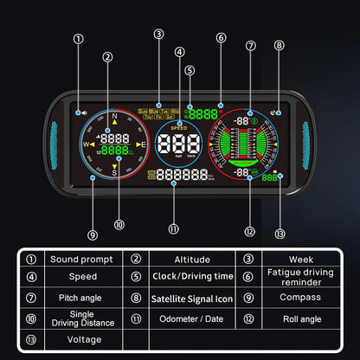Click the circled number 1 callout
pyautogui.click(x=79, y=38)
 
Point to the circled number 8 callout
pyautogui.click(x=279, y=45)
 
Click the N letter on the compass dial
pyautogui.click(x=112, y=114)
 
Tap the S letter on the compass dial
pyautogui.click(x=113, y=171)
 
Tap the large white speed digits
pyautogui.click(x=178, y=145)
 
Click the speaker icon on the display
pyautogui.click(x=81, y=112)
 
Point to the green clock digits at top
pyautogui.click(x=204, y=113)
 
